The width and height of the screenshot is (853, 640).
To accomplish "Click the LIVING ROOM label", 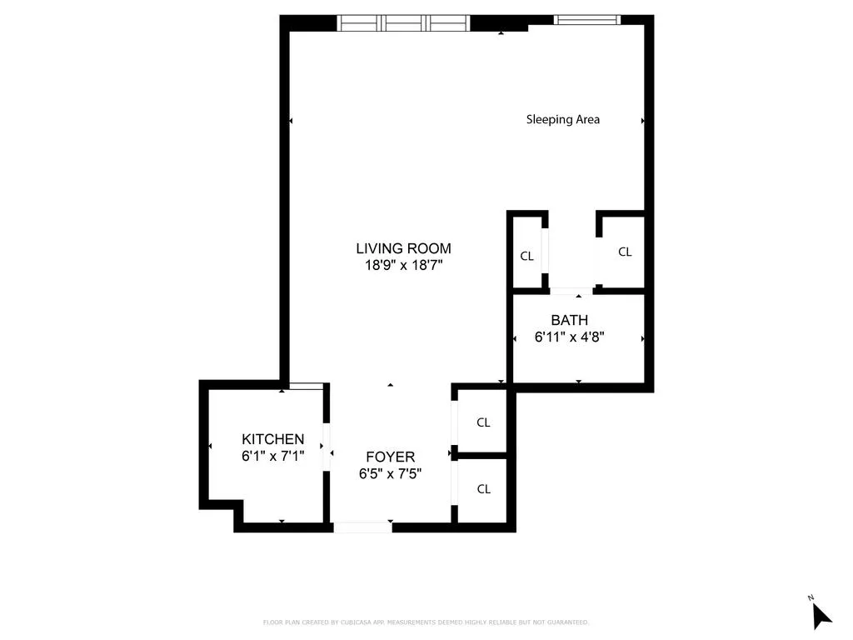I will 403,248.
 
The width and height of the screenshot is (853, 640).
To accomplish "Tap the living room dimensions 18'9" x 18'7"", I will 403,266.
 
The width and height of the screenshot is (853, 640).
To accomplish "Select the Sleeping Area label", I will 562,119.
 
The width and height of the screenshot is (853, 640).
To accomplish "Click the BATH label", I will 569,320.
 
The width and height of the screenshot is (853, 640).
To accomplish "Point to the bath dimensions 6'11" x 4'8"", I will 569,337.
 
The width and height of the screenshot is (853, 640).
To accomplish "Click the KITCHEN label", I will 272,439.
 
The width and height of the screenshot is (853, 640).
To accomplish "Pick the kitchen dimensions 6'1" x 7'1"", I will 272,457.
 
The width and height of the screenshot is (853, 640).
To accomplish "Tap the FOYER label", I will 390,457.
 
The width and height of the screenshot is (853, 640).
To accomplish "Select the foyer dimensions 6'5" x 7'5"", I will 390,474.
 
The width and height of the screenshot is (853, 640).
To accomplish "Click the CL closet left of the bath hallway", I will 526,257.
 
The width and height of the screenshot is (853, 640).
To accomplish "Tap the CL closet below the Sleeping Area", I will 625,252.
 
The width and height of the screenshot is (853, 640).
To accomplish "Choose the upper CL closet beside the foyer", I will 483,422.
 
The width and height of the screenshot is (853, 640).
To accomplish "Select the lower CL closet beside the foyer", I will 483,489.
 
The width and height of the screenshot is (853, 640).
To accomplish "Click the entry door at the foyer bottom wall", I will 363,527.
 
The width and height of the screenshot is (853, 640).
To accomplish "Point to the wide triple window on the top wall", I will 403,22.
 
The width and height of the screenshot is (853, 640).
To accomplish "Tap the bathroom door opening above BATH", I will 571,291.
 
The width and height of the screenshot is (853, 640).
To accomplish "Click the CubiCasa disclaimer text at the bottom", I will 426,622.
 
